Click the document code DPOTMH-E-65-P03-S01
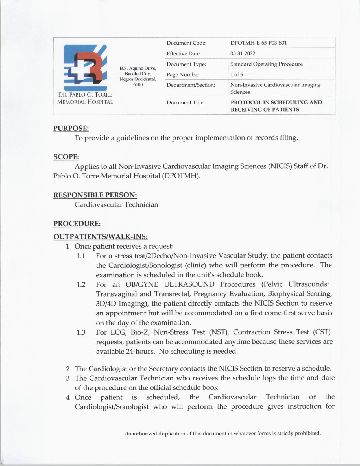(258, 43)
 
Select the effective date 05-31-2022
(243, 53)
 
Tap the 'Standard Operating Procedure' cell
(266, 64)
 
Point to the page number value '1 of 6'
(237, 75)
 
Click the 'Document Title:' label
(186, 103)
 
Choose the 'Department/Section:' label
(191, 85)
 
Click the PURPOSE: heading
(71, 128)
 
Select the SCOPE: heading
(66, 157)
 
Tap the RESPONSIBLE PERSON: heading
(95, 195)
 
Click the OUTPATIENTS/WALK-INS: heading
(100, 237)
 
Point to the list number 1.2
(81, 285)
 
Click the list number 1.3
(81, 332)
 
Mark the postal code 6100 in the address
(138, 84)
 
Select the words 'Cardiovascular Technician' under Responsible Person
(116, 205)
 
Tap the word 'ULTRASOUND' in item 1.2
(189, 284)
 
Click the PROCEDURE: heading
(77, 224)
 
